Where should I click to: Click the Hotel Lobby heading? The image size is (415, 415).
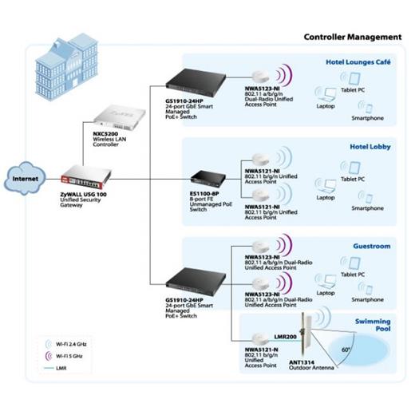click(370, 147)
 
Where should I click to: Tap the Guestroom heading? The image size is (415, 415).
click(371, 247)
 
